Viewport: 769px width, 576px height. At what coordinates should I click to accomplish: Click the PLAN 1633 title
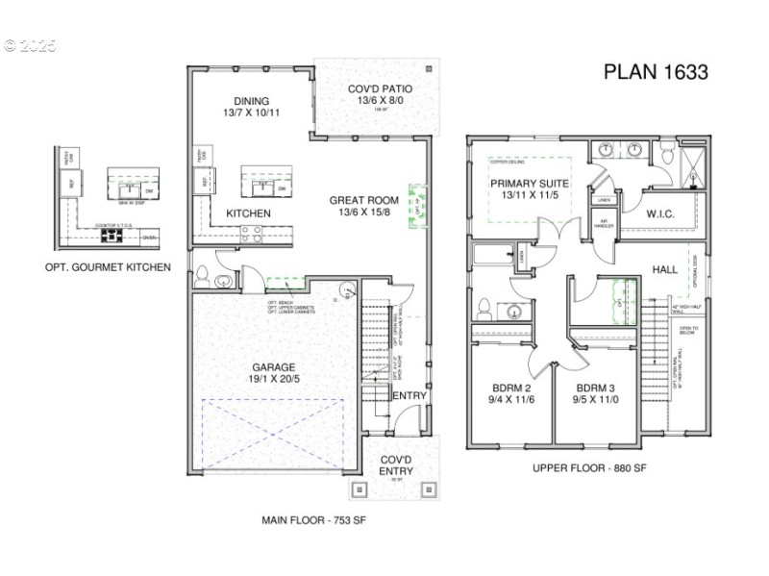click(656, 72)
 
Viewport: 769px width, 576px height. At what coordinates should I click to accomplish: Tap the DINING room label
click(251, 101)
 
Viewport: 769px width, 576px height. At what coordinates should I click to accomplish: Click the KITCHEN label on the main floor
click(248, 213)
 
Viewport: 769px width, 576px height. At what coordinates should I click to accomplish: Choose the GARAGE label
click(274, 366)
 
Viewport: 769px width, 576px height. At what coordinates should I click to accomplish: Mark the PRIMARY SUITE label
click(530, 183)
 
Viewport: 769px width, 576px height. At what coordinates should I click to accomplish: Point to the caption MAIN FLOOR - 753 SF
click(313, 520)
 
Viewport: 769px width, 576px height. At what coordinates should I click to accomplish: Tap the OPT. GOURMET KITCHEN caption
click(108, 266)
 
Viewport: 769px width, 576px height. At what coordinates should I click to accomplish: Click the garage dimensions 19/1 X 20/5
click(274, 379)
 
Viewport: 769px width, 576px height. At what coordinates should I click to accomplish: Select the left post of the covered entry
click(360, 488)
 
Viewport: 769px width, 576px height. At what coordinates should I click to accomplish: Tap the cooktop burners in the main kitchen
click(251, 231)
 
